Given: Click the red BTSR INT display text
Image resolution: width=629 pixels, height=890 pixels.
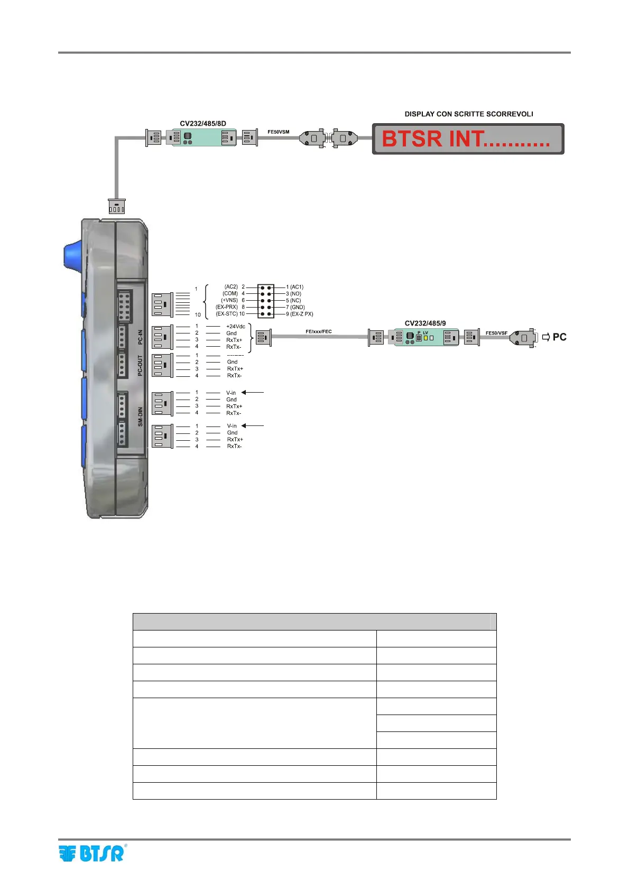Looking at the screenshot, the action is point(465,139).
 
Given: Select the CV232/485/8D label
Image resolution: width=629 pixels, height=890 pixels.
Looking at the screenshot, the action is point(203,124).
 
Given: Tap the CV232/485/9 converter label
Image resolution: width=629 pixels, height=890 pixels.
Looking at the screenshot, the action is point(425,323).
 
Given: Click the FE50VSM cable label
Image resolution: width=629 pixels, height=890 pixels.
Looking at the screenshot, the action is point(279,132).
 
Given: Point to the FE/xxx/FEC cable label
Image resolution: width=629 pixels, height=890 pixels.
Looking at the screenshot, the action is point(319,331).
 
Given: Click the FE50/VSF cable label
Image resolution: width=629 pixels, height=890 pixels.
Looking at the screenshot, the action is point(496,333).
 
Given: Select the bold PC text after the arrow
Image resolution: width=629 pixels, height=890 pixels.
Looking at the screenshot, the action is point(559,337).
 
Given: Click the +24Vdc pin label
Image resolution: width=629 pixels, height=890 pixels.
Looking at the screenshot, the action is point(235,327).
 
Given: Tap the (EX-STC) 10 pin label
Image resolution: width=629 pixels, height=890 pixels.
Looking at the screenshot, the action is point(230,314).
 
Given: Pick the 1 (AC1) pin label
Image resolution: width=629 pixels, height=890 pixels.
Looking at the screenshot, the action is point(295,287).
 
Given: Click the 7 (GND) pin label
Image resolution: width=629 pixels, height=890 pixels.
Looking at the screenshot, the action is point(295,307).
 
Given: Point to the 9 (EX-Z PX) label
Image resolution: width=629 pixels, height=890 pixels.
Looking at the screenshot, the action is point(300,314).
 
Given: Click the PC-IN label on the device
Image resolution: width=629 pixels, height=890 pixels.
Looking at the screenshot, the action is point(140,337).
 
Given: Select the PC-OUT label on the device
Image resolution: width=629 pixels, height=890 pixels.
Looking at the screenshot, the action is point(140,365).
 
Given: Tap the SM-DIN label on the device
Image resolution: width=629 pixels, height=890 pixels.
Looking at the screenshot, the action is point(140,416).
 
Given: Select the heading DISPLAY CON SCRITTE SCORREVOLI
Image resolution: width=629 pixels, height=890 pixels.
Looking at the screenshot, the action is point(469,114).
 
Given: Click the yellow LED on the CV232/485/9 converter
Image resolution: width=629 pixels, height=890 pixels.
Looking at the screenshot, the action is point(425,337).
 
